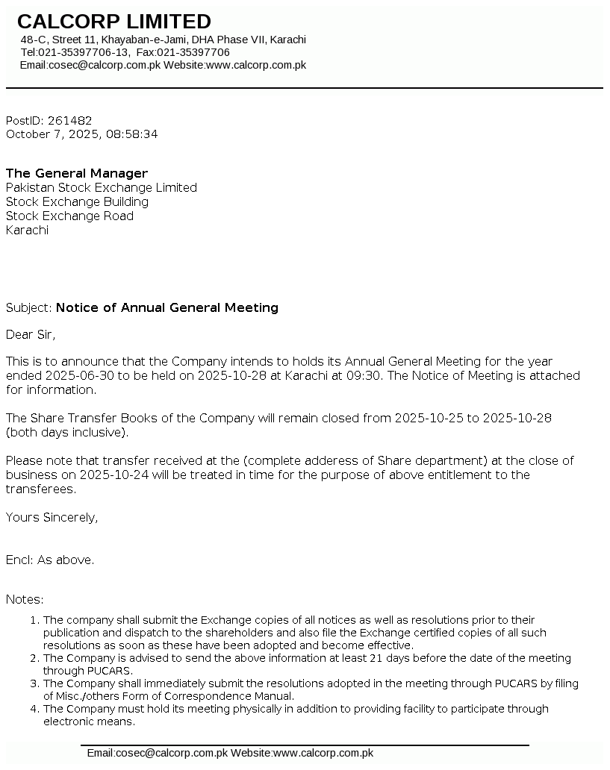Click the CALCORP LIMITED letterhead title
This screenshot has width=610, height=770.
[x=114, y=22]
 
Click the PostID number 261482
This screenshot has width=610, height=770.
[x=69, y=120]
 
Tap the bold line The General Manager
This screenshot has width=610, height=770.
[x=77, y=173]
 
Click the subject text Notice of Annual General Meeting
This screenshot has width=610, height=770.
[x=167, y=307]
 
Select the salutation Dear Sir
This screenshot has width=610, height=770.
[x=31, y=334]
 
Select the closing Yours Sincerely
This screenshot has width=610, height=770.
[x=52, y=517]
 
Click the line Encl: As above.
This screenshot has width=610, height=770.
[x=50, y=560]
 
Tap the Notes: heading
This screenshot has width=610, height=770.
[x=25, y=599]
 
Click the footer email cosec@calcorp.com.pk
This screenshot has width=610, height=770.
[x=171, y=753]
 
